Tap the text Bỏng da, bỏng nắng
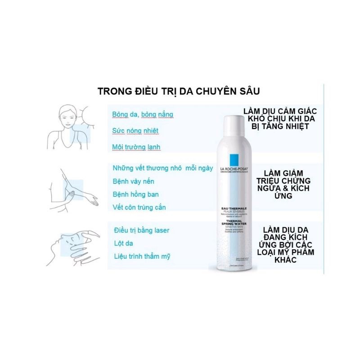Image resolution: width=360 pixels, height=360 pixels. point(142,114)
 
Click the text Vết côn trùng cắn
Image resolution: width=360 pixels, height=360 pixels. point(139,207)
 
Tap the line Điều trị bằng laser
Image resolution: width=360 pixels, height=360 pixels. point(142,230)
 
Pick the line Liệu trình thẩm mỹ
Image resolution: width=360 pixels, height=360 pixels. point(142,256)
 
